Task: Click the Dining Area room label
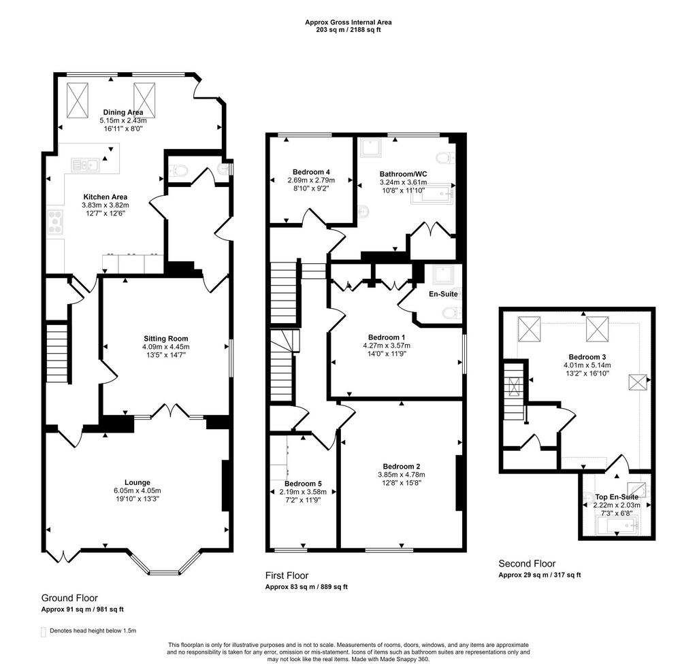coord(123,112)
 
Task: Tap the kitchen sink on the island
coord(85,165)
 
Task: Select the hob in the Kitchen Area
coord(56,222)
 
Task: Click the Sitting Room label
coord(166,339)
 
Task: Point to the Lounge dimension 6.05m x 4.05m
coord(137,491)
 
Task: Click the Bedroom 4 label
coord(311,172)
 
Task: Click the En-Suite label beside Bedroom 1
coord(443,294)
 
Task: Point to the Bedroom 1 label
coord(387,337)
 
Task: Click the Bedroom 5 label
coord(303,484)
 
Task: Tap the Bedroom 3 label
coord(587,357)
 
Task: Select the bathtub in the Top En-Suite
coord(616,526)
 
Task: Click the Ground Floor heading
coord(69,598)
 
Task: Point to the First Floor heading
coord(287,575)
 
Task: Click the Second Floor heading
coord(527,564)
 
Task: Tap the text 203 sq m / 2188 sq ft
coord(348,30)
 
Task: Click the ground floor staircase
coord(58,352)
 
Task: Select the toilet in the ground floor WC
coord(179,171)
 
